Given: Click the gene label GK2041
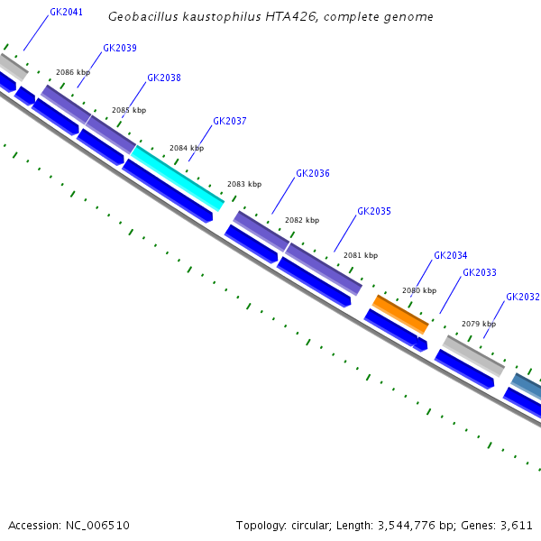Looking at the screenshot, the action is (66, 13).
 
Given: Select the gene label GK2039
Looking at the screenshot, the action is (120, 48).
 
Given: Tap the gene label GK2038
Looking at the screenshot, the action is (164, 78).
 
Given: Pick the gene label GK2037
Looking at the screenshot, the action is (230, 121).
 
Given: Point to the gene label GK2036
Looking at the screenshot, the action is (313, 173).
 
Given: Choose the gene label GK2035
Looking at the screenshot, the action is (374, 211).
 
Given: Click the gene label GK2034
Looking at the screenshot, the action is (451, 255).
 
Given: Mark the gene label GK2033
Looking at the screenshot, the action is (480, 272).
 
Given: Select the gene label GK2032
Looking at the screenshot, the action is (523, 297).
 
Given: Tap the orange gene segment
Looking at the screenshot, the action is (401, 313).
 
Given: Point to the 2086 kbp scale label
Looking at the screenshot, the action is (73, 72).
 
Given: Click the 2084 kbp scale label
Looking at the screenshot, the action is (187, 148).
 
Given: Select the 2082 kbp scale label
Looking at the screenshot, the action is (302, 220).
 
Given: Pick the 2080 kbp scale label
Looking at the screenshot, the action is (419, 290).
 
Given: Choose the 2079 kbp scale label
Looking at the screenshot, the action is (479, 324).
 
